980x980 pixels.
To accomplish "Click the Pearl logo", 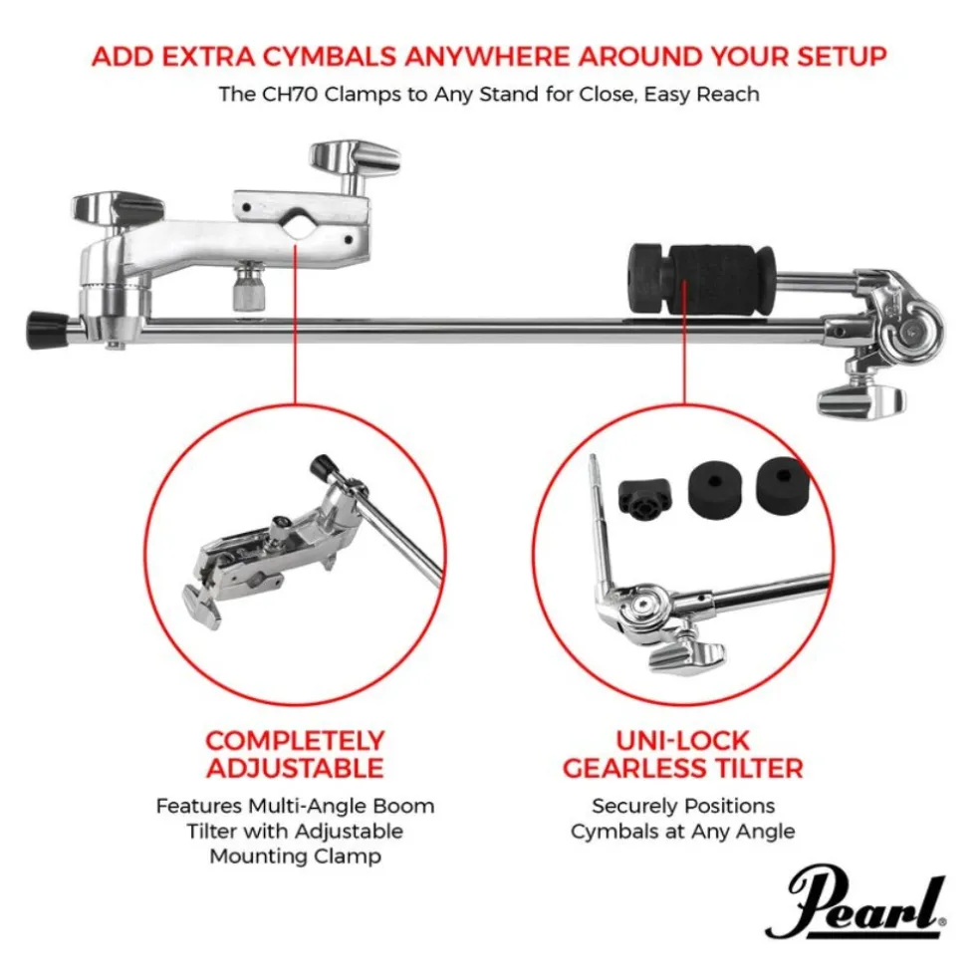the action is pyautogui.click(x=855, y=901).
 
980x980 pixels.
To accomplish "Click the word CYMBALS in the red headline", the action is pyautogui.click(x=330, y=56).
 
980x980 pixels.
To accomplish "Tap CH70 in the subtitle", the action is pyautogui.click(x=290, y=94).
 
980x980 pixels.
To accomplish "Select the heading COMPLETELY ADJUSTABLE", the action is pyautogui.click(x=295, y=754).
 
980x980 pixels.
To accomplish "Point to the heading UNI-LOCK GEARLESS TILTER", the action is pyautogui.click(x=682, y=754).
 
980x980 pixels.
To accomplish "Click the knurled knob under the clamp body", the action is pyautogui.click(x=249, y=288).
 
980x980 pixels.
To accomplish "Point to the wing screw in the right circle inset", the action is pyautogui.click(x=687, y=654).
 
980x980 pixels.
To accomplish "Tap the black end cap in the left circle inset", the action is pyautogui.click(x=323, y=467).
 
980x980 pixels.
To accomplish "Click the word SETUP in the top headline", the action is pyautogui.click(x=842, y=56).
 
